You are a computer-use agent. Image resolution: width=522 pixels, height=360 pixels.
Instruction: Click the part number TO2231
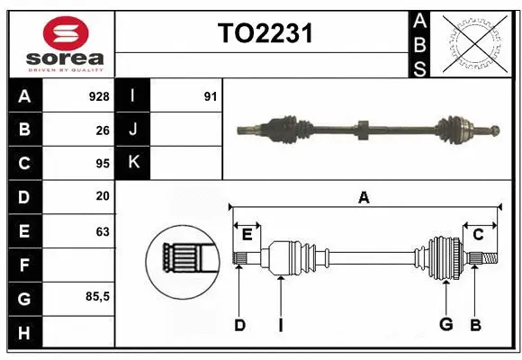tap(265, 34)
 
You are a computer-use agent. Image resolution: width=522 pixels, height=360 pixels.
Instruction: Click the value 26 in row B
tap(103, 130)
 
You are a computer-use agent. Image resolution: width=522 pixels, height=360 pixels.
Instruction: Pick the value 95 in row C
tap(103, 164)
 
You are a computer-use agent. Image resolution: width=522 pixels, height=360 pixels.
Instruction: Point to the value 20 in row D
tap(103, 196)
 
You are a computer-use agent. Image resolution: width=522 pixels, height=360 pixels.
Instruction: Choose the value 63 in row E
tap(103, 231)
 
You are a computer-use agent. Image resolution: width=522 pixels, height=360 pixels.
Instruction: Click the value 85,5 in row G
tap(96, 296)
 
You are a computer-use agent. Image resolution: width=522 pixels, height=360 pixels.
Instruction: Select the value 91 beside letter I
tap(210, 95)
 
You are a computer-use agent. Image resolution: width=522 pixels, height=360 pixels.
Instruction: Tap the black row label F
tap(23, 265)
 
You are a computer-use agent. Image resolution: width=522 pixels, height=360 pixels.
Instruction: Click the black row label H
tap(23, 332)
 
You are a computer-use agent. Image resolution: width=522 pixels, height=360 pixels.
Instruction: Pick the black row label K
tap(133, 164)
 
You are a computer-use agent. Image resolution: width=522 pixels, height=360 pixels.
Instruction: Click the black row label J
tap(133, 130)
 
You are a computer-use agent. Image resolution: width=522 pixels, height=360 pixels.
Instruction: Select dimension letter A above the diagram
tap(364, 197)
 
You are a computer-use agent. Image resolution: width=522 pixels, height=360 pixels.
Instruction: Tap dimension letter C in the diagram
tap(478, 235)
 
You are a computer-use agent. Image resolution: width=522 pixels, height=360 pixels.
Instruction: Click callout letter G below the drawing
tap(445, 325)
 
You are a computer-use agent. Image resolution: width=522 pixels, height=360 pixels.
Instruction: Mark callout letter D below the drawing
tap(239, 325)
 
